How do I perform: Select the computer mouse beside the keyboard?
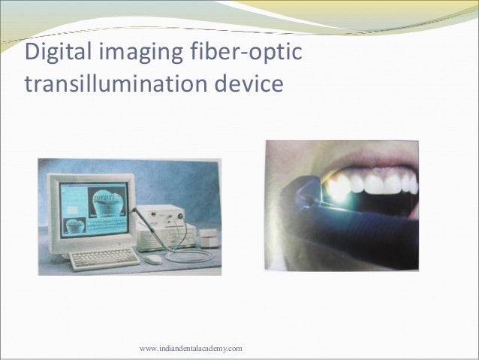pyautogui.click(x=153, y=259)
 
